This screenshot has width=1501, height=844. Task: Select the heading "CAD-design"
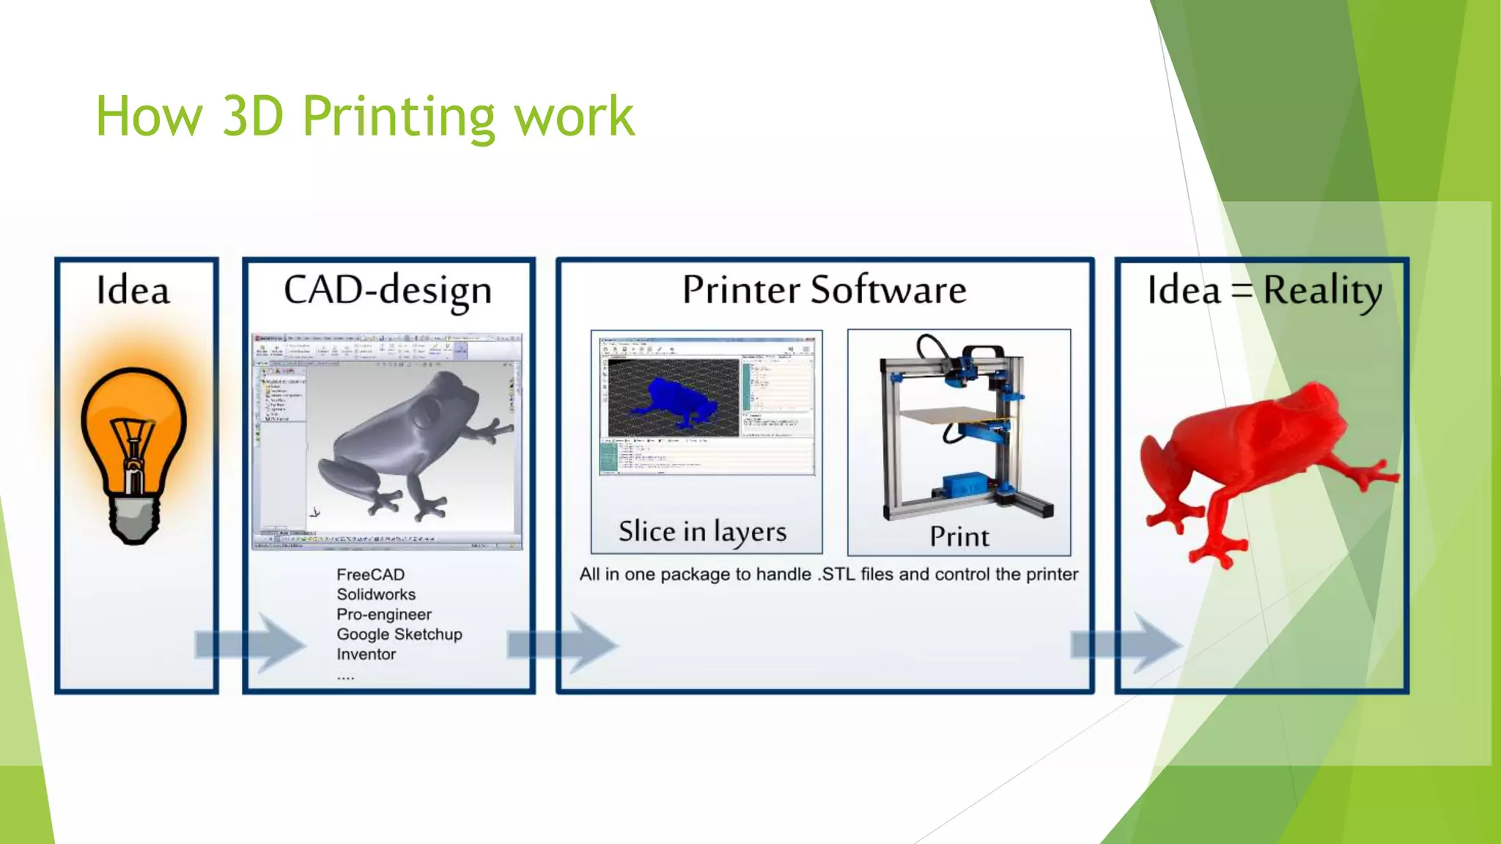pyautogui.click(x=388, y=290)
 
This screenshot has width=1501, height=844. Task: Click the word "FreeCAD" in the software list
pyautogui.click(x=370, y=574)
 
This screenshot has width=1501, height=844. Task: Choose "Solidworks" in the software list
pyautogui.click(x=376, y=594)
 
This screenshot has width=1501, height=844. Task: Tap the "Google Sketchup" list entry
pyautogui.click(x=399, y=634)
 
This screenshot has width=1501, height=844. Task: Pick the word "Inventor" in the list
pyautogui.click(x=366, y=654)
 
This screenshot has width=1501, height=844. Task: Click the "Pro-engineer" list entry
pyautogui.click(x=384, y=614)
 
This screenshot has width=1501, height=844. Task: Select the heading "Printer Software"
pyautogui.click(x=825, y=289)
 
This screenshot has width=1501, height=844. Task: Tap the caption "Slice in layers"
pyautogui.click(x=702, y=532)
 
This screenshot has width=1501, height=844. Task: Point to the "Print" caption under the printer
pyautogui.click(x=959, y=536)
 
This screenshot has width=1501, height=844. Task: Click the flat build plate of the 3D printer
pyautogui.click(x=953, y=415)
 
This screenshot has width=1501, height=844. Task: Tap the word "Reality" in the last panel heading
pyautogui.click(x=1322, y=291)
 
